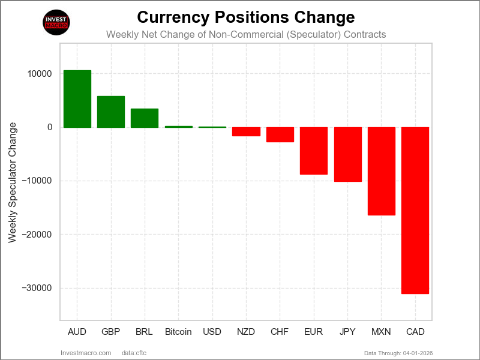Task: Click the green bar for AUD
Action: pyautogui.click(x=77, y=99)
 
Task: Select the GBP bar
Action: pyautogui.click(x=111, y=112)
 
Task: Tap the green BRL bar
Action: pyautogui.click(x=145, y=118)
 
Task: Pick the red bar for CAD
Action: pyautogui.click(x=415, y=211)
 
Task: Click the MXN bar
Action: pyautogui.click(x=382, y=171)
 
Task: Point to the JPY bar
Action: pyautogui.click(x=348, y=154)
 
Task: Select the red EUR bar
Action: pyautogui.click(x=314, y=151)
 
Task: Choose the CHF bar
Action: pyautogui.click(x=280, y=134)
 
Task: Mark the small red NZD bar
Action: pyautogui.click(x=246, y=131)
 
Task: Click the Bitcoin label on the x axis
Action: pyautogui.click(x=178, y=332)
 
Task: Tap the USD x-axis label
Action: pyautogui.click(x=212, y=332)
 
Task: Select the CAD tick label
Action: pyautogui.click(x=415, y=332)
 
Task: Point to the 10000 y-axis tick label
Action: pyautogui.click(x=39, y=74)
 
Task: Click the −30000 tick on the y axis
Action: pyautogui.click(x=37, y=288)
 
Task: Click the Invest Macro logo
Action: pyautogui.click(x=57, y=23)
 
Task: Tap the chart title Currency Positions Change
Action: pyautogui.click(x=246, y=17)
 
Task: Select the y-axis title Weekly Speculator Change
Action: pyautogui.click(x=13, y=182)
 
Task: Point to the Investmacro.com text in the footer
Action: pyautogui.click(x=86, y=352)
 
